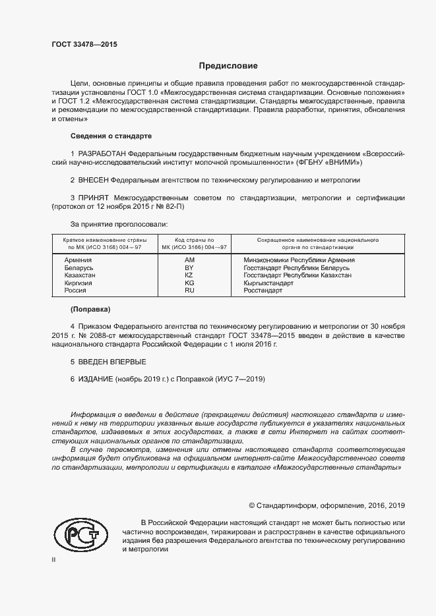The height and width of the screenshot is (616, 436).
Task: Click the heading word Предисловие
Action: coord(229,66)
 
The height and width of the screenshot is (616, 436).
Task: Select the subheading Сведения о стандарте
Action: coord(111,136)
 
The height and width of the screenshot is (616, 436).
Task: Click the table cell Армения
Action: coord(78,260)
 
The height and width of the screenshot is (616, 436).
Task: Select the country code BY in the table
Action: coord(189,268)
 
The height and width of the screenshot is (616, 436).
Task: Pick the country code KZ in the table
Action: coord(189,275)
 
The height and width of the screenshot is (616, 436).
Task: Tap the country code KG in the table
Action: coord(189,283)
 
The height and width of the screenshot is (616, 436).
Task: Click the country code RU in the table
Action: coord(189,291)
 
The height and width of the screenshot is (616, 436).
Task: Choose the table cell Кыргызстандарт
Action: coord(268,283)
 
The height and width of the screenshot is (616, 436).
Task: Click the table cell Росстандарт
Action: coord(263,291)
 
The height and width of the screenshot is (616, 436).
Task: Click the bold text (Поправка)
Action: coord(90,309)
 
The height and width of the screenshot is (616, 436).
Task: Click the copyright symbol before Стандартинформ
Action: coord(252,505)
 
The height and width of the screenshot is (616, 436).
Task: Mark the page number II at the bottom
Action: coord(53,559)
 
